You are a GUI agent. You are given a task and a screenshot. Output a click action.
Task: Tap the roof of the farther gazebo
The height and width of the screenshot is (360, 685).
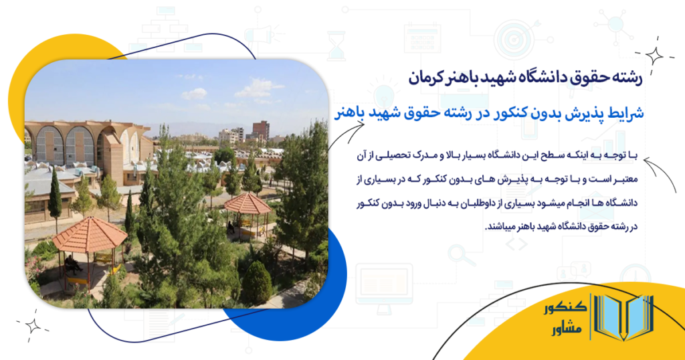coord(248,203)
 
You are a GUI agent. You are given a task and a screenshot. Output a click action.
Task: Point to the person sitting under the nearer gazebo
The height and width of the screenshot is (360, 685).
coord(72,263)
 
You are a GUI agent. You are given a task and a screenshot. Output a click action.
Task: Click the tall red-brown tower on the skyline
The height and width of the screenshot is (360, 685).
coord(261,130)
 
